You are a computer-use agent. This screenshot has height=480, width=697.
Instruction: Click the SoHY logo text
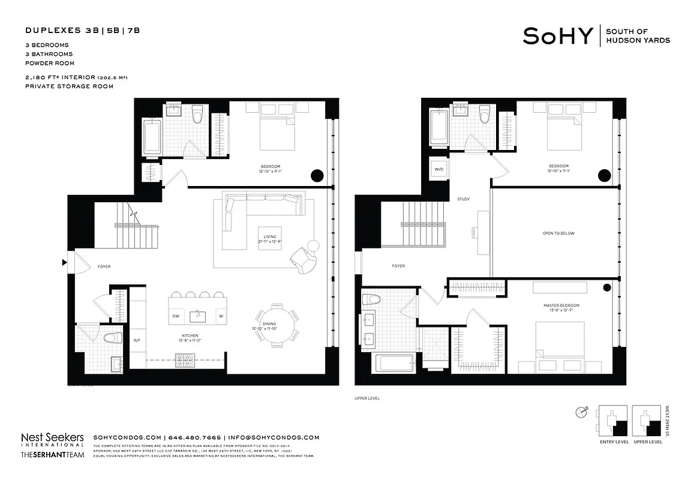click(558, 36)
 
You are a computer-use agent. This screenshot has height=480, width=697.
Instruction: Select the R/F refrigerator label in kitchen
click(137, 341)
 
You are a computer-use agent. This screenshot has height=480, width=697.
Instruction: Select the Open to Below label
click(558, 233)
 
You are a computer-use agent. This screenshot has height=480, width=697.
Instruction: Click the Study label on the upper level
click(463, 199)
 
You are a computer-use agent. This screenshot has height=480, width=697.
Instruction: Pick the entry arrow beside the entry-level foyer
click(63, 262)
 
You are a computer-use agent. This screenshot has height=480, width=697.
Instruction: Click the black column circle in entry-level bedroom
click(317, 176)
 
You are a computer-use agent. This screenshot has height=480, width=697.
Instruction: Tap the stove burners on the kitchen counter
click(183, 361)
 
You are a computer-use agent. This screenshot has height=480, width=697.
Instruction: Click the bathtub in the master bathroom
click(393, 364)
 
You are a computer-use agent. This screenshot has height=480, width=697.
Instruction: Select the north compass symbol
click(581, 412)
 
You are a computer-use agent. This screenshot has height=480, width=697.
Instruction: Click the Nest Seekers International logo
click(52, 440)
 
